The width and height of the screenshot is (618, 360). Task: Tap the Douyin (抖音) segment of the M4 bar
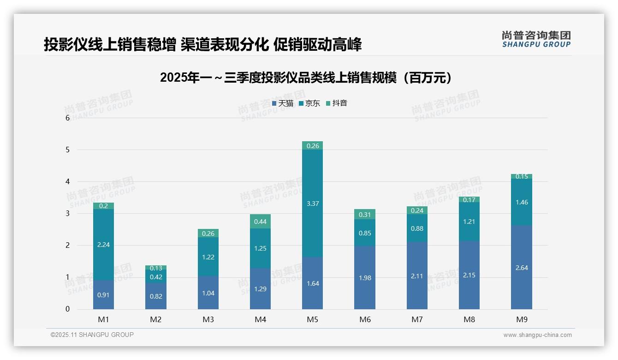tap(260, 222)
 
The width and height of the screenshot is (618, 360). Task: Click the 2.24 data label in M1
tap(103, 245)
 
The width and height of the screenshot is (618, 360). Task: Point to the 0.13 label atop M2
tap(156, 268)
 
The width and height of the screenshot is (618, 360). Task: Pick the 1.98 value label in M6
tap(365, 278)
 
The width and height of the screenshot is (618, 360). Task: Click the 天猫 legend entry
tap(283, 103)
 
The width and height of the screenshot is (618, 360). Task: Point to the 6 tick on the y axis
tap(67, 118)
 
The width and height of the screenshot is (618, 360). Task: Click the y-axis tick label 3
tap(67, 213)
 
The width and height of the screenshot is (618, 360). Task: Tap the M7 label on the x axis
tap(417, 319)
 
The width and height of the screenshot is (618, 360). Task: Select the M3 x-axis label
tap(208, 319)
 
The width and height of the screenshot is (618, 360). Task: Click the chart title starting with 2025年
tap(306, 78)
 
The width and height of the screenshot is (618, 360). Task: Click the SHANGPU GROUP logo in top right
tap(536, 39)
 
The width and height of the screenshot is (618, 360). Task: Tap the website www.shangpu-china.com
tap(537, 335)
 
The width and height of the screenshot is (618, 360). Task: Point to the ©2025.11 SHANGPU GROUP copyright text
tap(92, 335)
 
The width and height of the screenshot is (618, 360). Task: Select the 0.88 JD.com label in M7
tap(417, 228)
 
